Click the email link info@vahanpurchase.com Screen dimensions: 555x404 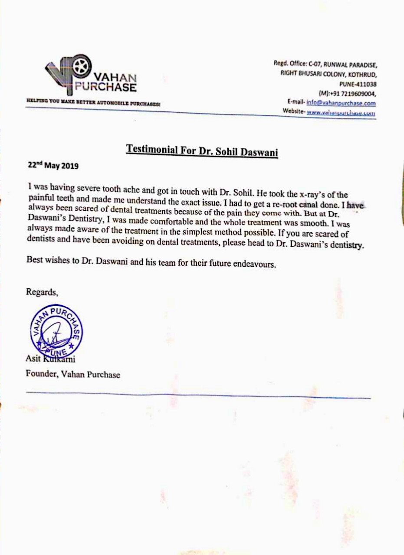[x=341, y=103]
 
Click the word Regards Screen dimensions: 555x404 [x=42, y=292]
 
